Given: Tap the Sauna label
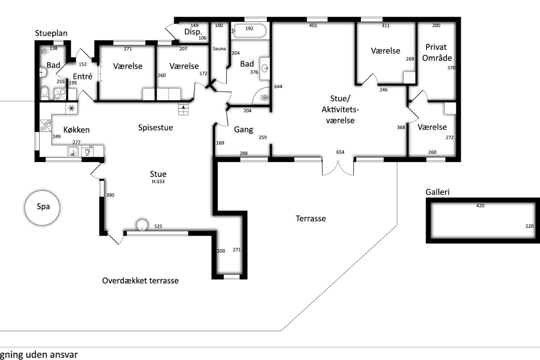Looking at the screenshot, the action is pyautogui.click(x=219, y=49).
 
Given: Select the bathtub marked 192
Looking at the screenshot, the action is pyautogui.click(x=250, y=31).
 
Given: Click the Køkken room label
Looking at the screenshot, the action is pyautogui.click(x=76, y=130).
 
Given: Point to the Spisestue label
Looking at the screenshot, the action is pyautogui.click(x=156, y=128).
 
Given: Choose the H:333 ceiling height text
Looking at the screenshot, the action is pyautogui.click(x=158, y=181).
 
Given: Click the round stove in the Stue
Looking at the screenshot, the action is pyautogui.click(x=142, y=225).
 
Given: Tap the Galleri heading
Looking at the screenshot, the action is pyautogui.click(x=437, y=192).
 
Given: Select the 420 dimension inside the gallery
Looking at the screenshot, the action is pyautogui.click(x=480, y=206).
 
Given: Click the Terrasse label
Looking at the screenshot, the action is pyautogui.click(x=311, y=219).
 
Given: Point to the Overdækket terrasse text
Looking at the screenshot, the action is pyautogui.click(x=140, y=281).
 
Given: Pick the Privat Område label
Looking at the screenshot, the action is pyautogui.click(x=436, y=53).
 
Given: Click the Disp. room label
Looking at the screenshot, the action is pyautogui.click(x=193, y=32).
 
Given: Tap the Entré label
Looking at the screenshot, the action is pyautogui.click(x=83, y=76).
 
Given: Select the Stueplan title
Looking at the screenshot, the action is pyautogui.click(x=51, y=33).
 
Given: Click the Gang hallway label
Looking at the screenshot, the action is pyautogui.click(x=243, y=130).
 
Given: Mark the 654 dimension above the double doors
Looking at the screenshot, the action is pyautogui.click(x=340, y=152).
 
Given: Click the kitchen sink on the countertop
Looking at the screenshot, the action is pyautogui.click(x=73, y=151).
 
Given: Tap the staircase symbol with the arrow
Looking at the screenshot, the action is pyautogui.click(x=183, y=109).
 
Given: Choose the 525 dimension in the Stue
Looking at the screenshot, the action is pyautogui.click(x=158, y=226).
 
